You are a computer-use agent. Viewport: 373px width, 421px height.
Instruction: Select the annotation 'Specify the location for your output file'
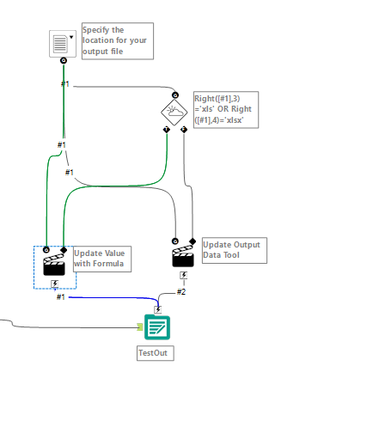117,41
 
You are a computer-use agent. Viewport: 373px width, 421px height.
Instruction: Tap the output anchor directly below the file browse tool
64,61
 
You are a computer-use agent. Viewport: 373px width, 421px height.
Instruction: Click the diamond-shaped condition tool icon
174,112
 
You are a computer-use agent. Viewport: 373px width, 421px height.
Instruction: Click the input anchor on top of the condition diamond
174,95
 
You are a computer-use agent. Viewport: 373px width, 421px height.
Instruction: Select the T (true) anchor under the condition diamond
166,129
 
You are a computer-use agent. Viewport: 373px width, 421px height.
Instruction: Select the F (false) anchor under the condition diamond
184,129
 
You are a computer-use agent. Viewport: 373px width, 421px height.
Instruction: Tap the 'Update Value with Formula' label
101,259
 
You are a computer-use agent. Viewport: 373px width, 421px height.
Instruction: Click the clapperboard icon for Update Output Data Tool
183,255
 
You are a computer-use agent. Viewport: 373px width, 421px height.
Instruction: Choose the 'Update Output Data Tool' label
233,250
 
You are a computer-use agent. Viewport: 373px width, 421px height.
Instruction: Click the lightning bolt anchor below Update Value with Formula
55,283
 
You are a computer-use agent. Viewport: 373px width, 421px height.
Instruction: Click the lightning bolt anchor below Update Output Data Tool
183,276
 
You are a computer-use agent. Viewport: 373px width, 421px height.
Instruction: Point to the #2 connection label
181,291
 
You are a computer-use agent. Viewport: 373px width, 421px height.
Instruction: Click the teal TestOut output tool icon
157,327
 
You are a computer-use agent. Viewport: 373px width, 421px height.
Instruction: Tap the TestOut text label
155,352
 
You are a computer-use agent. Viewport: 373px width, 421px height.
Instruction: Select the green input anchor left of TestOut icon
139,326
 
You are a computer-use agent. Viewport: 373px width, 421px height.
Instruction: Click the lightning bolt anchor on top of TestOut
158,309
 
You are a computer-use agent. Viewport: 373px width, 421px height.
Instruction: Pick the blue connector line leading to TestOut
112,298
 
